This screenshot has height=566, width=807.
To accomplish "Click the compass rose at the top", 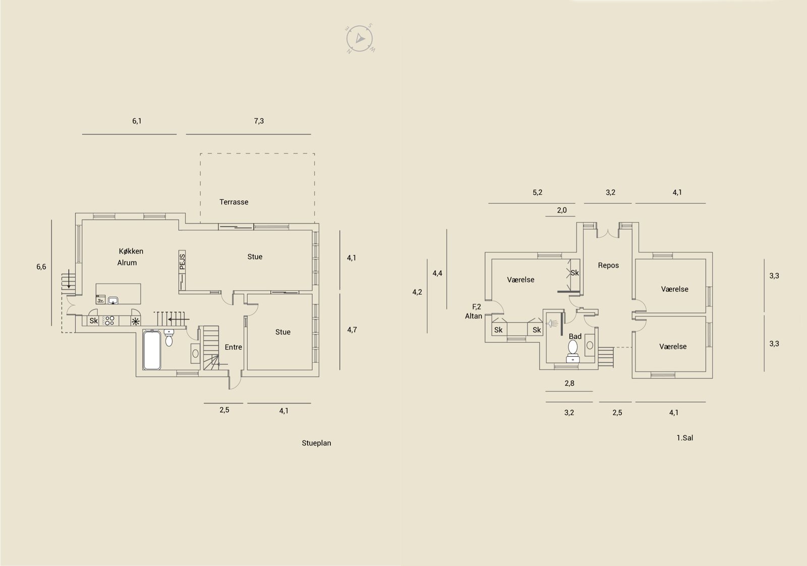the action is (360, 38).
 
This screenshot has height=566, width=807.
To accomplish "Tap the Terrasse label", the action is (234, 202).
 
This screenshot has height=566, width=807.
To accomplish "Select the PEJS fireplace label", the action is (182, 262).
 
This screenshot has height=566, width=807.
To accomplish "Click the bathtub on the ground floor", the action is (152, 350).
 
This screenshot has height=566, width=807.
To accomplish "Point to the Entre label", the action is (233, 347).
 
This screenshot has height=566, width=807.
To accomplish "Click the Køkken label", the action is (131, 251).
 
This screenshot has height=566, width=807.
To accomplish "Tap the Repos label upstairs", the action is (608, 265).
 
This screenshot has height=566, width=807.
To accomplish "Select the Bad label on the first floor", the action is (575, 336).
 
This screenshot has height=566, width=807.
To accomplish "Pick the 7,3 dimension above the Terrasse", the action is (259, 121).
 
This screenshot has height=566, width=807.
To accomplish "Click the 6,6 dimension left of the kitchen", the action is (41, 267).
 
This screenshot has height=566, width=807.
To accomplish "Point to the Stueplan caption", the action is (316, 443).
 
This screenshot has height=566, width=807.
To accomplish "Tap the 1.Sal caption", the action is (684, 438).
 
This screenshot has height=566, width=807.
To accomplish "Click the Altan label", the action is (474, 316).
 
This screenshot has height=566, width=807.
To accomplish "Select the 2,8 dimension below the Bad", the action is (569, 384).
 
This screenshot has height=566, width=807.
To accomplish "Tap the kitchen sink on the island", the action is (113, 300).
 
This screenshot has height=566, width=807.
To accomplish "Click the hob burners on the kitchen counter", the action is (108, 321).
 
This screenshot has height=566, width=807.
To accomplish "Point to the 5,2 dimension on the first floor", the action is (537, 192).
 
